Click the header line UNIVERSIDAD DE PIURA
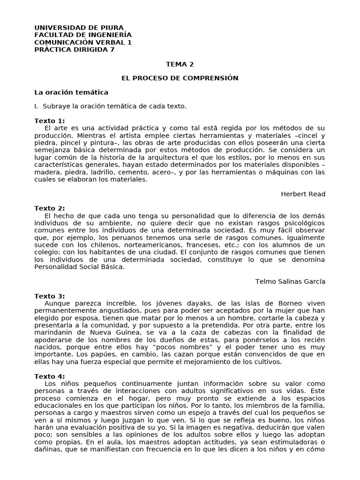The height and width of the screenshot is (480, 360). coord(79,28)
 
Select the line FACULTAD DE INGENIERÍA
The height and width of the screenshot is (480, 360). coord(83,35)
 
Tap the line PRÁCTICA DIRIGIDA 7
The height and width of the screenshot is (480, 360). coord(74,50)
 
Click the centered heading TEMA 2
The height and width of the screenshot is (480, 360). coord(180,64)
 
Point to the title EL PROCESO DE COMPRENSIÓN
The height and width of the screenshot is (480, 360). coord(180,78)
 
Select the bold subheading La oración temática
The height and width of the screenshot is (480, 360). coord(71,92)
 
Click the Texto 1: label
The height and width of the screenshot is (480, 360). coord(50,121)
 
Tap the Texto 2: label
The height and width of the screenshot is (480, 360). coord(50,209)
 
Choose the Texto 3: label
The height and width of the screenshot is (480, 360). coord(50,296)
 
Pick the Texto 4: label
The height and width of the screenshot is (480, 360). coord(50,376)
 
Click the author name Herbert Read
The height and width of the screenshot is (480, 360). coord(303,194)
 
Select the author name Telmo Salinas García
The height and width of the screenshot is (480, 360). coord(290,282)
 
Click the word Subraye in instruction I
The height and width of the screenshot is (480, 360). coord(55,106)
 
